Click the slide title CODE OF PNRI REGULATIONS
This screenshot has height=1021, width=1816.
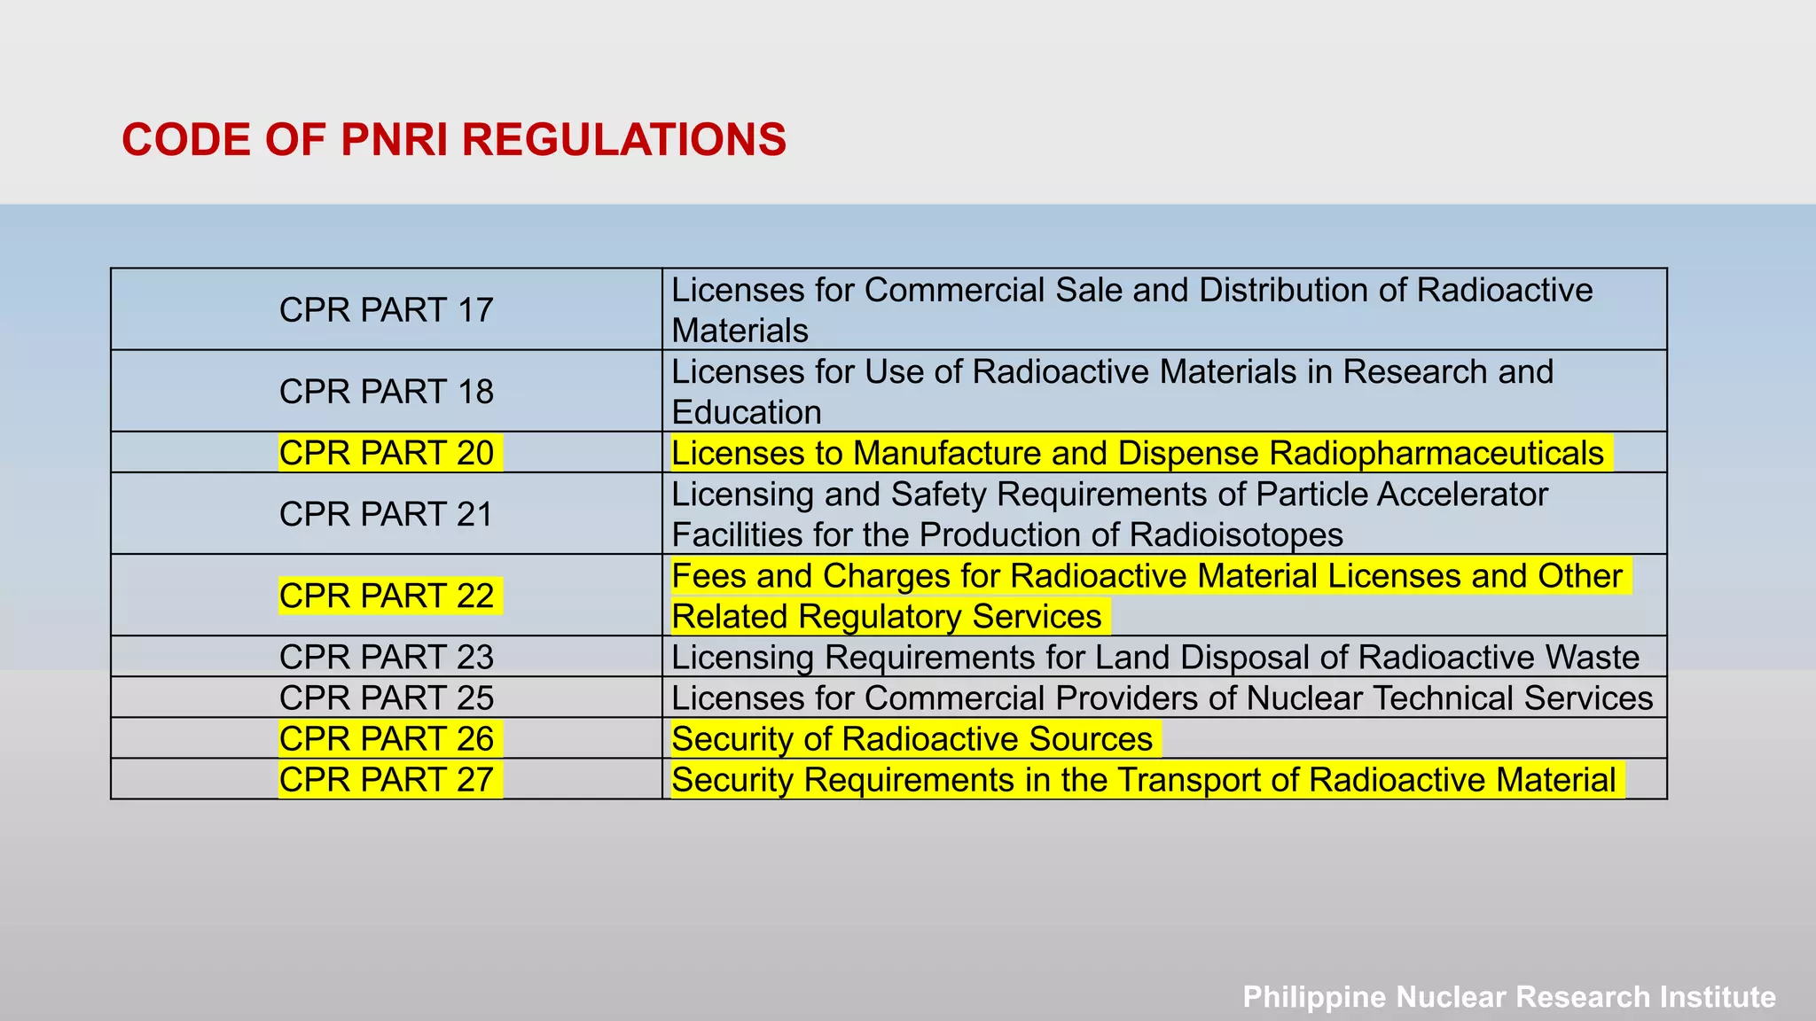[453, 140]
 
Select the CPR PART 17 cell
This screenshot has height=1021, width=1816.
[386, 310]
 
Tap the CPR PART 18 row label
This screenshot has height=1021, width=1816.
[386, 392]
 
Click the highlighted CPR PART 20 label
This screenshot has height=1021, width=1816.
[386, 453]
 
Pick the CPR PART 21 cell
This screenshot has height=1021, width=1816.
[386, 514]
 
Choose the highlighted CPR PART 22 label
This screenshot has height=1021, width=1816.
[386, 596]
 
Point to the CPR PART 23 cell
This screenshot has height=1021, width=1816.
[386, 657]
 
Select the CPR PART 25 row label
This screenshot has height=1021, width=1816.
[386, 698]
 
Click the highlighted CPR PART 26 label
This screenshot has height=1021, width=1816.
[386, 738]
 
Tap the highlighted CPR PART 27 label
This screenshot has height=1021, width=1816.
[386, 779]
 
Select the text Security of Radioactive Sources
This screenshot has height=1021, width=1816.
[912, 739]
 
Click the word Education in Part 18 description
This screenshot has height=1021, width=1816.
[747, 412]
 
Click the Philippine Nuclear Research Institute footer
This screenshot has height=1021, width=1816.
[1509, 996]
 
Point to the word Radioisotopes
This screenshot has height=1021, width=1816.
[1236, 535]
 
